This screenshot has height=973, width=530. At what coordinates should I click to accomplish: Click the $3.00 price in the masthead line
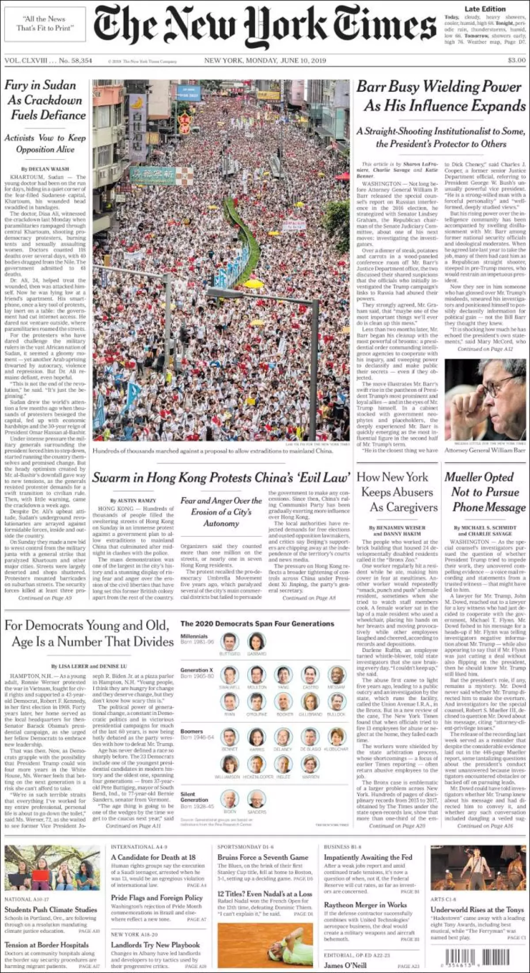(x=516, y=60)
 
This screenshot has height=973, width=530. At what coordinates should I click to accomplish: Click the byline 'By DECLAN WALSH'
(x=45, y=169)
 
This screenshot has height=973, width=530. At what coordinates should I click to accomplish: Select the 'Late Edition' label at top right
(x=485, y=9)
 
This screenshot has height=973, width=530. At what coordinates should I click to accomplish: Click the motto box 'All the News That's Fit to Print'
(x=45, y=23)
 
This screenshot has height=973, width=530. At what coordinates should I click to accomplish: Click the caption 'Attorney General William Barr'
(x=485, y=450)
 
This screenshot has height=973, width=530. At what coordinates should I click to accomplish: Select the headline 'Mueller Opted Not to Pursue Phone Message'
(x=485, y=492)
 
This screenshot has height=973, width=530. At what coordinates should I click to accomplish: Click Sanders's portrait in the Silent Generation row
(x=257, y=798)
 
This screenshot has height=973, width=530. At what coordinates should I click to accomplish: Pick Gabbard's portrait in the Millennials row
(x=257, y=641)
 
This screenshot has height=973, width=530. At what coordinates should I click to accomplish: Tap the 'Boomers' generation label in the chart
(x=191, y=731)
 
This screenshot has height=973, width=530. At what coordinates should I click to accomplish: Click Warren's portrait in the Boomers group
(x=310, y=764)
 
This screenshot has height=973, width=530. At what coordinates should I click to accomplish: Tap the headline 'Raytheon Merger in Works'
(x=365, y=905)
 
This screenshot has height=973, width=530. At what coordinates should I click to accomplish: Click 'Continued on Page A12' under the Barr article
(x=485, y=349)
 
